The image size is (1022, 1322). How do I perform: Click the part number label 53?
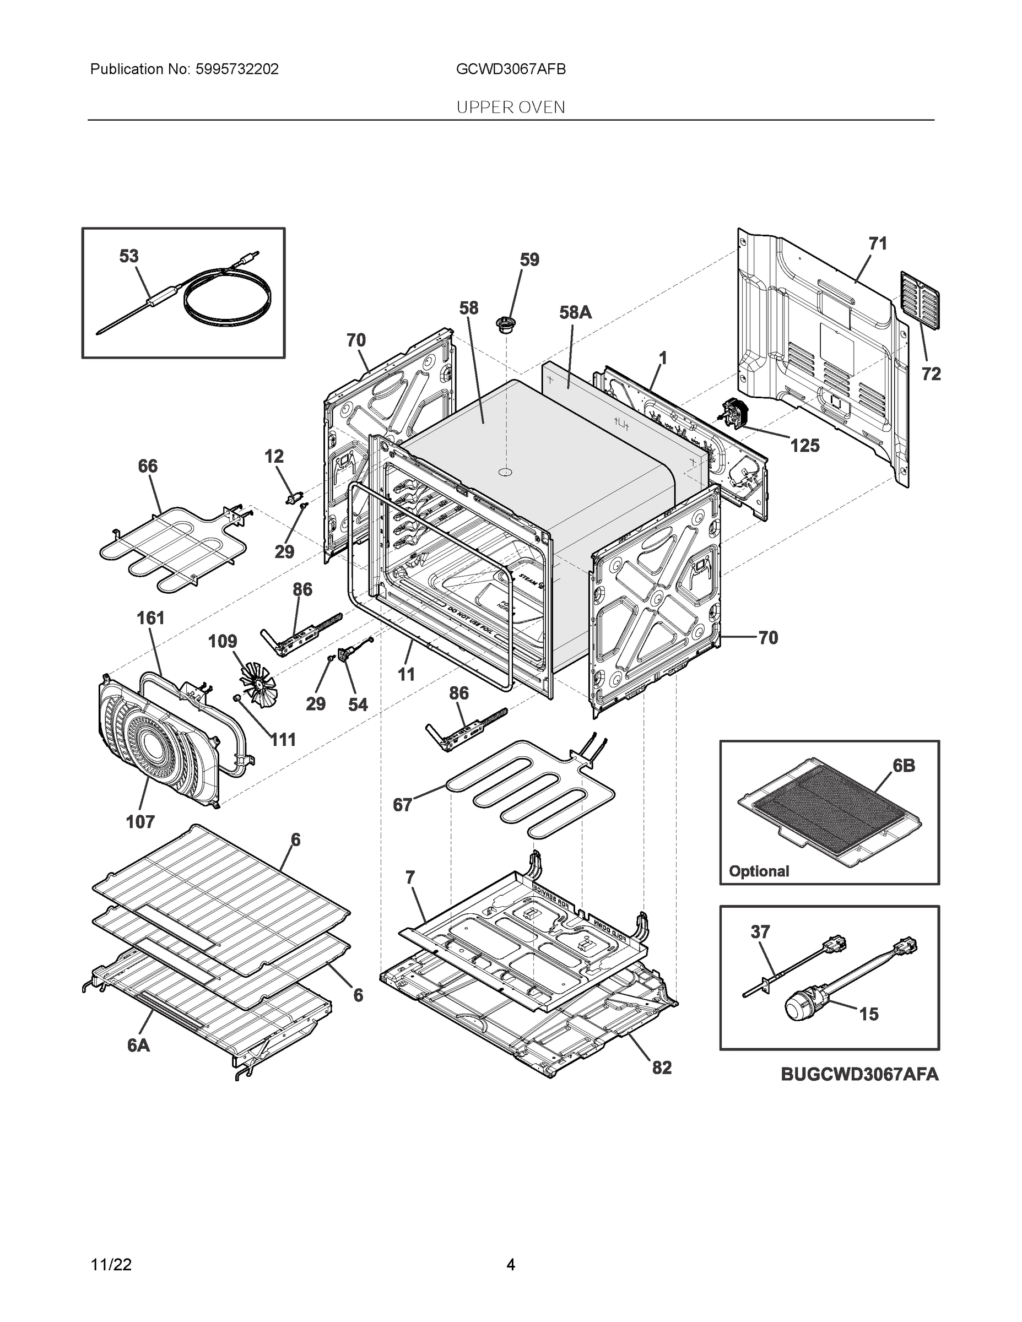pos(128,256)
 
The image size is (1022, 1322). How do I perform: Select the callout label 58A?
pos(575,312)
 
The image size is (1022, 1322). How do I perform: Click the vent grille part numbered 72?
pos(920,300)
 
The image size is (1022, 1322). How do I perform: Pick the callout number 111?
pos(283,739)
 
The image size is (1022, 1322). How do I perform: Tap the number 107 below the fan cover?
pos(140,821)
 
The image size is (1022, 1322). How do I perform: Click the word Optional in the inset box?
pos(759,871)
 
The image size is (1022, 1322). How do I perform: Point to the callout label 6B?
pos(904,766)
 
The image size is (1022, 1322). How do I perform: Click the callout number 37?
pos(760,931)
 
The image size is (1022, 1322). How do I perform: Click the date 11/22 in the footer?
pos(111,1265)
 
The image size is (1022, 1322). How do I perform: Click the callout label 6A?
pos(139,1045)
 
